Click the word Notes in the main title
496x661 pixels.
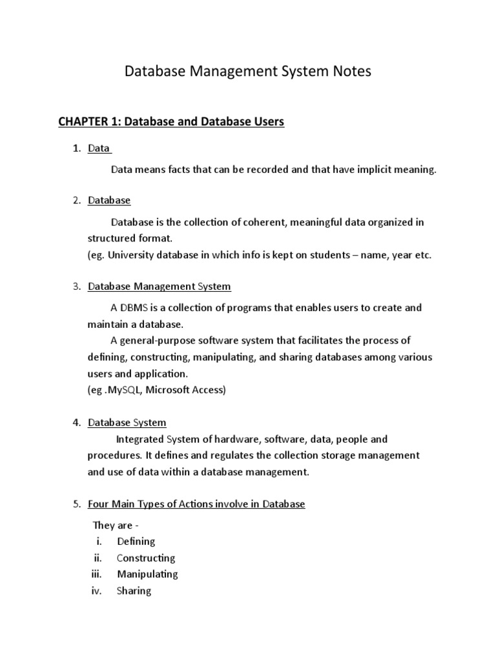(x=351, y=72)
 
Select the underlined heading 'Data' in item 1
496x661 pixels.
(x=99, y=148)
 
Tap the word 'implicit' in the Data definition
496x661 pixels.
(x=366, y=170)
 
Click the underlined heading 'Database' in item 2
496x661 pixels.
(x=109, y=201)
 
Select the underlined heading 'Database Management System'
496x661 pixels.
(x=159, y=286)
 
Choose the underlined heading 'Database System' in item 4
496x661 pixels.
(x=127, y=423)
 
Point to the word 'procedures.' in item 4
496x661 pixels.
(x=114, y=456)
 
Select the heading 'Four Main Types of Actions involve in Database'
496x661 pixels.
(x=196, y=504)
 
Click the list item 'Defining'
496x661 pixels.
(x=136, y=542)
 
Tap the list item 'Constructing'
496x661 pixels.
(x=146, y=558)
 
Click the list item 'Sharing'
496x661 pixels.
(x=134, y=591)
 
